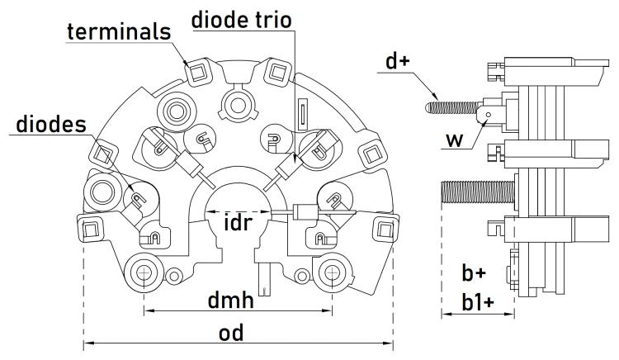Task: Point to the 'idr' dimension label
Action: coord(239,223)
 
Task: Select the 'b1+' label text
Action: coord(476,303)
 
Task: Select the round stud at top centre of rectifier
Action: coord(239,103)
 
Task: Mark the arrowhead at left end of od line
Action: coord(86,342)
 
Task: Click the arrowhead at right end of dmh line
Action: coord(329,311)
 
